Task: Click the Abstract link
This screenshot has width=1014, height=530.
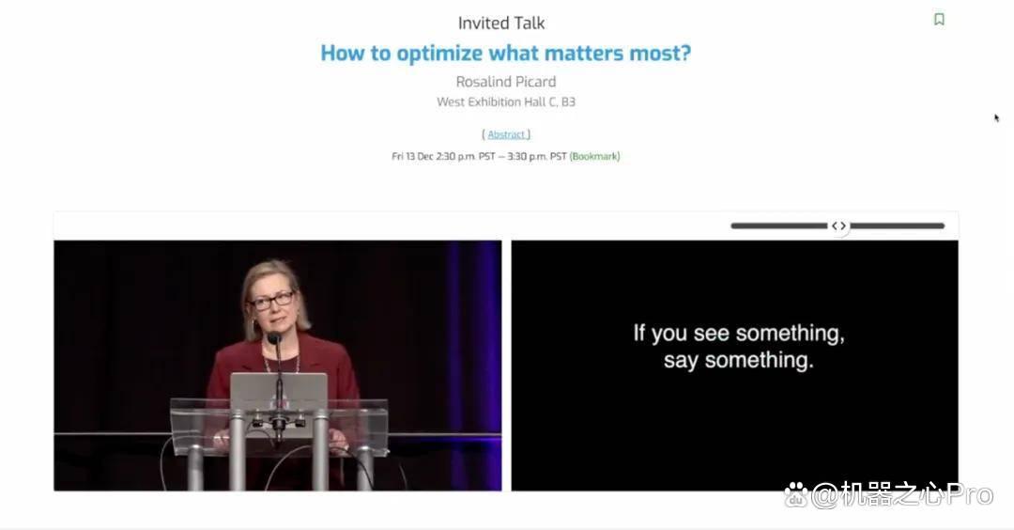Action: tap(506, 134)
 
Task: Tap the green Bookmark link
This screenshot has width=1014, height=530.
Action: tap(594, 156)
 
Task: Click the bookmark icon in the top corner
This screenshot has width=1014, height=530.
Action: tap(939, 20)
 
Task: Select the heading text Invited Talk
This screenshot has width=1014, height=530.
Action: tap(501, 23)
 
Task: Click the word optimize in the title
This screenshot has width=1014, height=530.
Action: tap(437, 53)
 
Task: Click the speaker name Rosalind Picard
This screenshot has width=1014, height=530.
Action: tap(506, 82)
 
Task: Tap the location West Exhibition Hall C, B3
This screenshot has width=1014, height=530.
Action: tap(506, 101)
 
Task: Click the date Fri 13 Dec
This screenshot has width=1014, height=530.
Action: tap(412, 156)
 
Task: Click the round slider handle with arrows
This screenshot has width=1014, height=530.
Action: tap(838, 226)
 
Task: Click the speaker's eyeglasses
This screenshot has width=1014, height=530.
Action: tap(273, 301)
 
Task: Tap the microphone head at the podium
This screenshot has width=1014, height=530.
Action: tap(274, 337)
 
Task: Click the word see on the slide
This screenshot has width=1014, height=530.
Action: tap(712, 334)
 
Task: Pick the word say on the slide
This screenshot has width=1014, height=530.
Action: tap(681, 361)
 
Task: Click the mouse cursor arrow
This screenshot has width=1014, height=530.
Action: tap(996, 117)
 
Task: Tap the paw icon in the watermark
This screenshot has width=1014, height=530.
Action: tap(796, 495)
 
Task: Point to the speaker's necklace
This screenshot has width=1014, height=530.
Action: tap(282, 364)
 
